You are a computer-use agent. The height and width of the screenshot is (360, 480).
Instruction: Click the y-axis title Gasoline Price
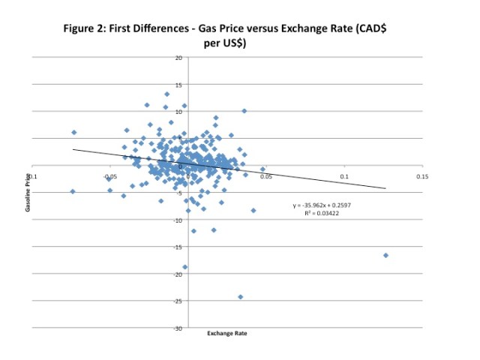point(28,192)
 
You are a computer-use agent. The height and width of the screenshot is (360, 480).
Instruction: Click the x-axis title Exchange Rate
point(227,334)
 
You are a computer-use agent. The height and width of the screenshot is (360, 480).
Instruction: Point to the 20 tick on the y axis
point(178,58)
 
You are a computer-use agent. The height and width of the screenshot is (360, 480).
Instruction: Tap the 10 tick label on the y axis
point(178,112)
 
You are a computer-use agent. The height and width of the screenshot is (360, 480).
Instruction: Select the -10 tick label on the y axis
point(177,220)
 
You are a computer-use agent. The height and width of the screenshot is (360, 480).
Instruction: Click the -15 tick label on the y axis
point(177,247)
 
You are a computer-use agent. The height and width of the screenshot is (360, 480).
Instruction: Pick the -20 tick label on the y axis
point(177,274)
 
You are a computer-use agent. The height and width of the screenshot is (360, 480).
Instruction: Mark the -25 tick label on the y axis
point(177,301)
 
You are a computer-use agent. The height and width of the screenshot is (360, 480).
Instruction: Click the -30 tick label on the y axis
point(177,328)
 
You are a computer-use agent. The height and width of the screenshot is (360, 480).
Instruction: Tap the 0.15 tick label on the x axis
point(421,177)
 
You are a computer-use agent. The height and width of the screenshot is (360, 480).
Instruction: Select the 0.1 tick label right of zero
point(344,177)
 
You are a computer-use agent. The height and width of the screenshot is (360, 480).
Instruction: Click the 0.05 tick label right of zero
point(265,177)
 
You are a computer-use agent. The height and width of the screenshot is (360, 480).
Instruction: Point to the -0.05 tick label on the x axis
point(109,177)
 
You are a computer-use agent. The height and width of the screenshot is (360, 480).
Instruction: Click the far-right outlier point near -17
point(385,256)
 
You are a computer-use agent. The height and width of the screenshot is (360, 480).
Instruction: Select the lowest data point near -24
point(240,297)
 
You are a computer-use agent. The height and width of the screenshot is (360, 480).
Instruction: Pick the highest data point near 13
point(166,94)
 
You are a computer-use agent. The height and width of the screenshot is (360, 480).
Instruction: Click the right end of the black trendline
point(385,188)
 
